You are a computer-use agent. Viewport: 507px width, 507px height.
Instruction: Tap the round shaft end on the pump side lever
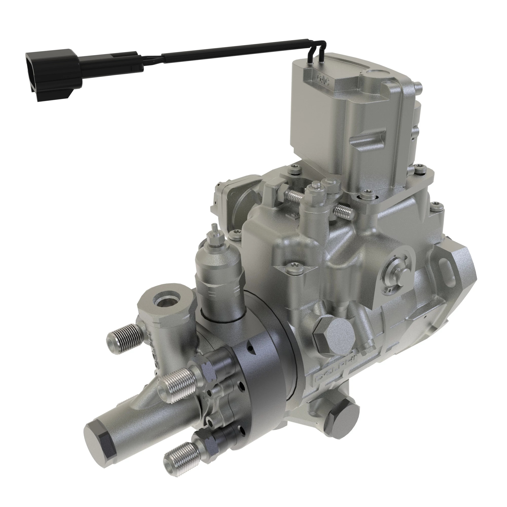click(404, 274)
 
